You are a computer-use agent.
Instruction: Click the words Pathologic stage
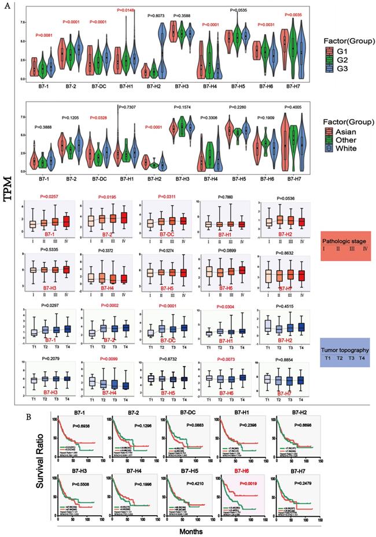(x=346, y=238)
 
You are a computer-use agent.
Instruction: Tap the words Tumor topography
(x=346, y=349)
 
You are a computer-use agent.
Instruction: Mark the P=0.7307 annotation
(x=131, y=107)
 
